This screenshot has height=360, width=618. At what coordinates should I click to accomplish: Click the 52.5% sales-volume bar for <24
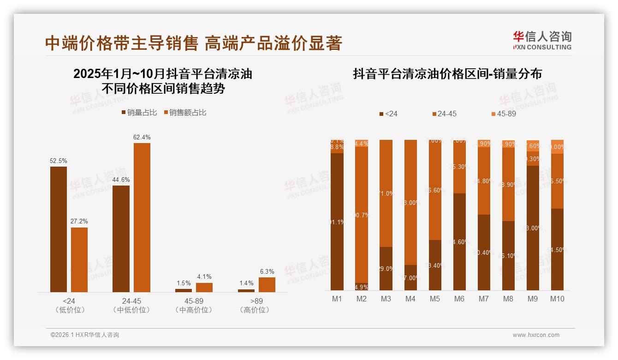59,229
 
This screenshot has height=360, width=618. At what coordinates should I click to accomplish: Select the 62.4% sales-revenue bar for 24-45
142,217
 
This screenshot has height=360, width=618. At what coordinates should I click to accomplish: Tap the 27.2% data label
79,222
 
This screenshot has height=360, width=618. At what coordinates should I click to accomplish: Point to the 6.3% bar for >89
267,285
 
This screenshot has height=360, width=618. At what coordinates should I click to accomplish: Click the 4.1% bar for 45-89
204,287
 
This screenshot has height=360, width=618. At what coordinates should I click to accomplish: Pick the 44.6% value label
121,180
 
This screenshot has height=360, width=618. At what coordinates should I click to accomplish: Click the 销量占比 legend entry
139,112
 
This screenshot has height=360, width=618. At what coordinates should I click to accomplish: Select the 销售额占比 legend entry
185,112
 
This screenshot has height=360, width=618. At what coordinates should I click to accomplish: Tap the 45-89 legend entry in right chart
504,114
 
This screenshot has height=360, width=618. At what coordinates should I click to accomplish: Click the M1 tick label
337,299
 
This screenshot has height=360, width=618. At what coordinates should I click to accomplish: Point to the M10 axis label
557,299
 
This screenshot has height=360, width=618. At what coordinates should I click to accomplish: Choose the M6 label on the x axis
459,299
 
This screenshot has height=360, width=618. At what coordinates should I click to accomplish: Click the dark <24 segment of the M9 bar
533,228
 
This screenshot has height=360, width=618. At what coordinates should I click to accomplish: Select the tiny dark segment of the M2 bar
362,287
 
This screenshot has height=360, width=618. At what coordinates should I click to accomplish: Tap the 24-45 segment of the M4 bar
410,202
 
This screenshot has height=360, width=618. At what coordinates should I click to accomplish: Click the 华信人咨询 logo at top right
542,40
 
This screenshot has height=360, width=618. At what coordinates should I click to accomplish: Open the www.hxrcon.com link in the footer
536,335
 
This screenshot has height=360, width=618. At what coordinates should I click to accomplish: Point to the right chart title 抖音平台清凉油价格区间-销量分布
447,74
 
